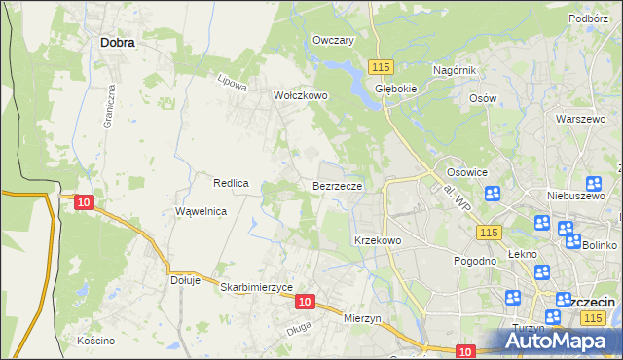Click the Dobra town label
117,43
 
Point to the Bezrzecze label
338,184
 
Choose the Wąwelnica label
201,211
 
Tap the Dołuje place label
185,280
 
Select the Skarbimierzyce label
257,288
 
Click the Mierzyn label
366,317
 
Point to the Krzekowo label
378,239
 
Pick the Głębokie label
396,86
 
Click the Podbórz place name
588,18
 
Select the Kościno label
95,341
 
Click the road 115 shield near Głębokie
381,65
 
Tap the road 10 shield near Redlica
84,201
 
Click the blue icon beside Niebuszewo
594,183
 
